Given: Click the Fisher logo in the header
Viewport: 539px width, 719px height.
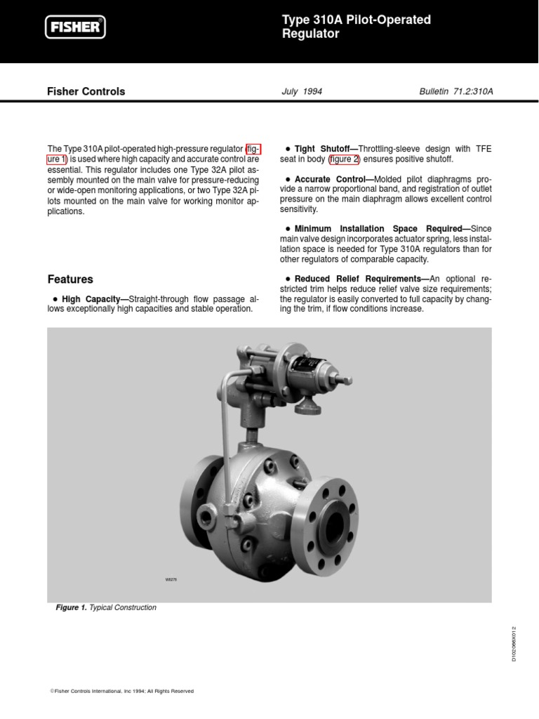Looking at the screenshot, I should (76, 27).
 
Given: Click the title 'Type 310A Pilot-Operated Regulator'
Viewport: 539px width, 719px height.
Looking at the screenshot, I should (356, 27).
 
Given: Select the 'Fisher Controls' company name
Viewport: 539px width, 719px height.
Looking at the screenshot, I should (86, 91).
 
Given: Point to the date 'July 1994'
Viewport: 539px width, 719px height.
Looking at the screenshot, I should (302, 91).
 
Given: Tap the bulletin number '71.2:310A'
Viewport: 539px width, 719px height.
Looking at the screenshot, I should (472, 91).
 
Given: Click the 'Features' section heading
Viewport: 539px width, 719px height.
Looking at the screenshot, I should (69, 279).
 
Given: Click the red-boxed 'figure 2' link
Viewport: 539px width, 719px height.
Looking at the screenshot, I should (344, 159).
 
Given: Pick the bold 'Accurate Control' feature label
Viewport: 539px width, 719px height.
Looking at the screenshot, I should (329, 179).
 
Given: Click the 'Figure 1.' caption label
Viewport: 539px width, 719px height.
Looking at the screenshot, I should (71, 607).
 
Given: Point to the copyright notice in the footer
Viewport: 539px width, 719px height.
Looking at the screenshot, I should (121, 691).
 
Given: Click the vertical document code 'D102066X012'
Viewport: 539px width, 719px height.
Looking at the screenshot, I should (514, 644).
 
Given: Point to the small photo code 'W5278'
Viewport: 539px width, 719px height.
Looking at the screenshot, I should (171, 579).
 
